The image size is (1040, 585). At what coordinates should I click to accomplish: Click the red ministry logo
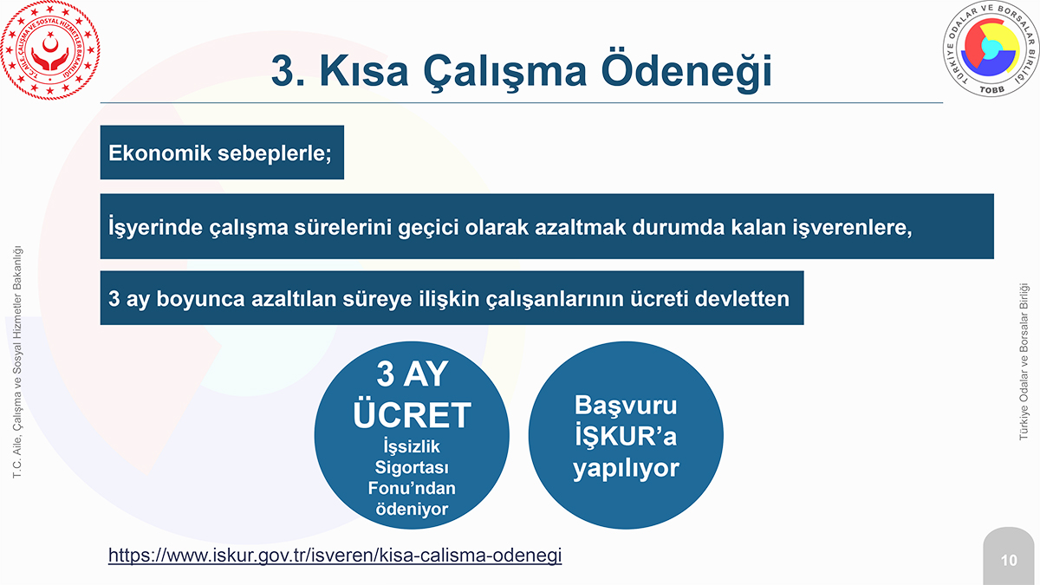coord(50,49)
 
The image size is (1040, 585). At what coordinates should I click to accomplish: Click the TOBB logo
coord(991,49)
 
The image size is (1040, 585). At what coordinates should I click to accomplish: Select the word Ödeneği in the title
coord(686,71)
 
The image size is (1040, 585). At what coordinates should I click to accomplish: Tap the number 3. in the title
coord(288,71)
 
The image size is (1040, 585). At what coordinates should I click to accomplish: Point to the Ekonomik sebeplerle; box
coord(222,153)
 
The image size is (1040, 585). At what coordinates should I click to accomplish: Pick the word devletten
coord(742,298)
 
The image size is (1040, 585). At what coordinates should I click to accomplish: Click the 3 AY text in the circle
coord(412,374)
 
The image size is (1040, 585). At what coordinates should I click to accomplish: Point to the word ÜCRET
coord(412,414)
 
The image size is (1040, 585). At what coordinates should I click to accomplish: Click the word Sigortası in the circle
coord(412,467)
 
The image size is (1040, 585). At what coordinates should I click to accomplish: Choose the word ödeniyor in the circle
coord(412,509)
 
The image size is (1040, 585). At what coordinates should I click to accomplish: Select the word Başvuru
coord(626,405)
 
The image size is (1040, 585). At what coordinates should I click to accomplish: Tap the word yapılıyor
coord(626,468)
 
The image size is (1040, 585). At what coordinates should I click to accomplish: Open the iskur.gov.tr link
coord(335,555)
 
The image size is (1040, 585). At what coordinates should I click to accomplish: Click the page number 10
coord(1009,561)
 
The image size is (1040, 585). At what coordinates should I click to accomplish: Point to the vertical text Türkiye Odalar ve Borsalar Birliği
coord(1024,361)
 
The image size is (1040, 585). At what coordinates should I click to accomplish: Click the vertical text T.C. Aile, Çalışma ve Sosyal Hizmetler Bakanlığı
coord(17,362)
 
